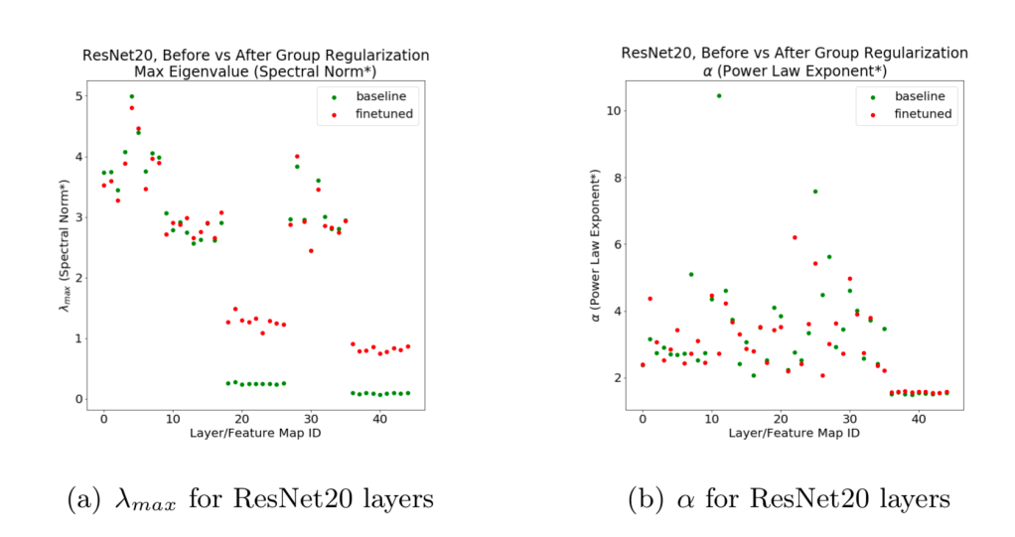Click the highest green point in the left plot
point(131,96)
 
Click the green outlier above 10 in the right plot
point(718,95)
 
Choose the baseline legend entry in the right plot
point(914,96)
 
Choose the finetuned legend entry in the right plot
point(914,114)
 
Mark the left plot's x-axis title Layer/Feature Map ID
point(255,434)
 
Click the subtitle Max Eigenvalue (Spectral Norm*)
point(255,71)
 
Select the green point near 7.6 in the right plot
point(815,191)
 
